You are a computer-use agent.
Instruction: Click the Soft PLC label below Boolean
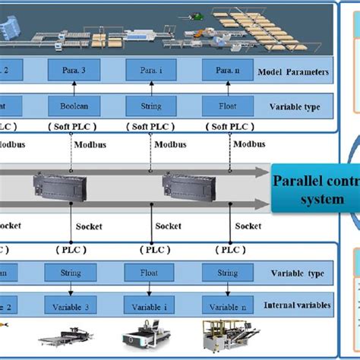tap(71, 126)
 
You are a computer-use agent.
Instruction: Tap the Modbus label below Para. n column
tap(249, 144)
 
